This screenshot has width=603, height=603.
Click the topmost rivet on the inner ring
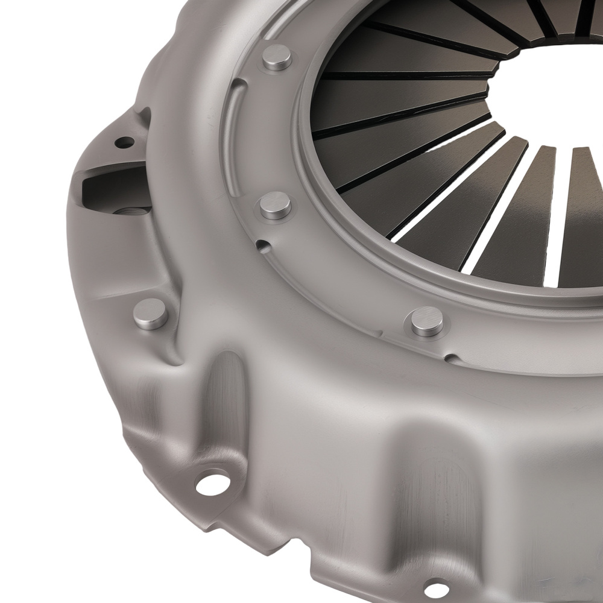coord(277,57)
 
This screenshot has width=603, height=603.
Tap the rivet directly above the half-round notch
coord(276,206)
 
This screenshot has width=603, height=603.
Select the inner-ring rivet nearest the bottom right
coord(427,321)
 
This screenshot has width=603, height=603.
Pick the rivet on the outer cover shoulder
coord(150,314)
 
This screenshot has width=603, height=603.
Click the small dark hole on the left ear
coord(124,142)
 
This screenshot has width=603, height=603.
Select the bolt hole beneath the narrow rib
coord(213,483)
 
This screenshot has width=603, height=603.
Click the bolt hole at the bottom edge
coord(437,588)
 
